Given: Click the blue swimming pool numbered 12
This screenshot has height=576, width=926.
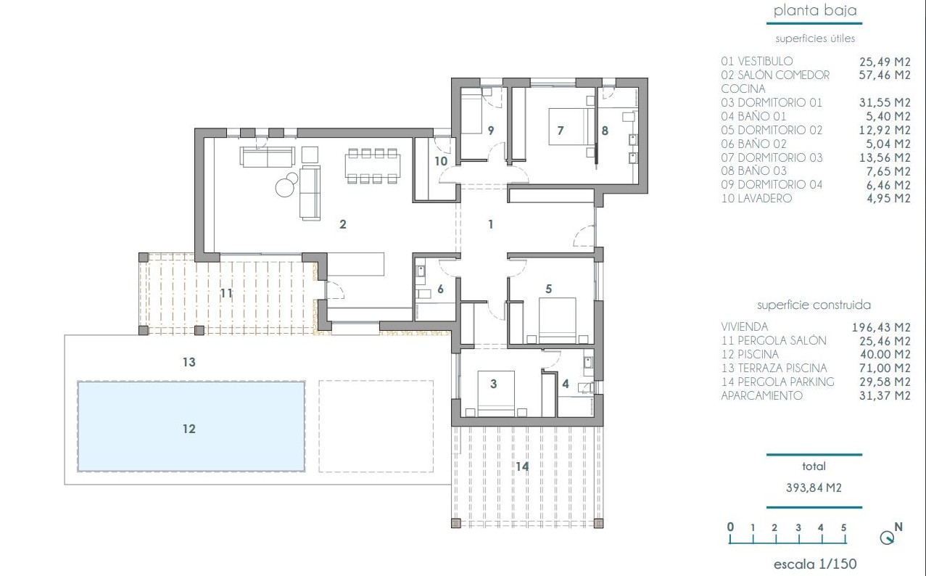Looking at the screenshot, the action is point(191,427).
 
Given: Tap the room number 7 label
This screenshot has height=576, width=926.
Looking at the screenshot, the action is point(560,131).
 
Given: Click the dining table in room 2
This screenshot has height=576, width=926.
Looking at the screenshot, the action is point(373,166).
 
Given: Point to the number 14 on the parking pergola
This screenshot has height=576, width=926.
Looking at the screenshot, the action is point(522,466).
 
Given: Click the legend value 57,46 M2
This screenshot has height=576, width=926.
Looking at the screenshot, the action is point(885,75).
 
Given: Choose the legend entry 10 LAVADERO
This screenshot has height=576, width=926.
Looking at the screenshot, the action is point(756,199).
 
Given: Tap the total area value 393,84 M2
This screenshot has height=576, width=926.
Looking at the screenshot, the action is point(814,488).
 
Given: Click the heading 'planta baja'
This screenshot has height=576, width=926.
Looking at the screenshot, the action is point(815,11).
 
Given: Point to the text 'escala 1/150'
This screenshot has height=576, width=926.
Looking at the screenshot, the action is point(815,564).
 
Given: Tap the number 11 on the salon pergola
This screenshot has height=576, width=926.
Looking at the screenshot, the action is point(226,293).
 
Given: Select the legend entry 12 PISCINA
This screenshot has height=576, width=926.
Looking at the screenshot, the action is point(750,354).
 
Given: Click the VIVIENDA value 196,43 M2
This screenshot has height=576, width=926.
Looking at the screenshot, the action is point(881,327).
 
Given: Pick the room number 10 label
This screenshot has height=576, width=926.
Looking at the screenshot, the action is point(441,161).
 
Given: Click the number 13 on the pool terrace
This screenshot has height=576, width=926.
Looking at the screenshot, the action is point(189,362).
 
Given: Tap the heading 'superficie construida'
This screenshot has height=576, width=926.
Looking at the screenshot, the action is point(814,305).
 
